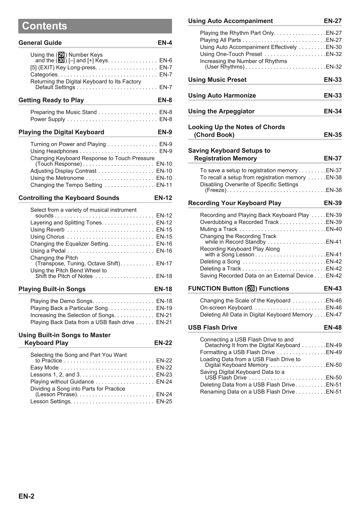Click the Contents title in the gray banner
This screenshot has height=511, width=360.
[x=45, y=26]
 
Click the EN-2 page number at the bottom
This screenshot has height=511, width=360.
[x=26, y=496]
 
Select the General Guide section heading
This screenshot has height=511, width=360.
[x=40, y=43]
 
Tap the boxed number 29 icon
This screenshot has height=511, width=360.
[x=61, y=55]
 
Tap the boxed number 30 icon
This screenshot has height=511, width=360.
[x=61, y=60]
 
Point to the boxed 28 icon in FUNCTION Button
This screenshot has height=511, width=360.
[x=251, y=289]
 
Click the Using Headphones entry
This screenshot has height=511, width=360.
[x=54, y=151]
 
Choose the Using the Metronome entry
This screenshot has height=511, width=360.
[x=57, y=178]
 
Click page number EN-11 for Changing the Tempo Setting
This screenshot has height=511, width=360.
[x=164, y=185]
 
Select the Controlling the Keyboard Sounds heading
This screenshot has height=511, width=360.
[x=69, y=198]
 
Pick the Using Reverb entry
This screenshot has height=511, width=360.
[x=47, y=230]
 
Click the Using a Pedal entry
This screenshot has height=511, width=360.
[x=48, y=251]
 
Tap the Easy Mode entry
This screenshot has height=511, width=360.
[x=44, y=368]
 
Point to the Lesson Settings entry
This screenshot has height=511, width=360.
[x=51, y=401]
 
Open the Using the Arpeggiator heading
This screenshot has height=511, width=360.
[x=221, y=111]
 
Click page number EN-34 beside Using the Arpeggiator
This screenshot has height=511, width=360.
[x=333, y=111]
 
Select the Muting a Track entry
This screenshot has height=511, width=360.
[x=219, y=229]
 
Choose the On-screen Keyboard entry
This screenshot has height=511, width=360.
[x=226, y=307]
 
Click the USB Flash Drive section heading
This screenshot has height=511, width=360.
[x=213, y=327]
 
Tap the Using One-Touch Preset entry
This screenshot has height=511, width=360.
[x=231, y=54]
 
